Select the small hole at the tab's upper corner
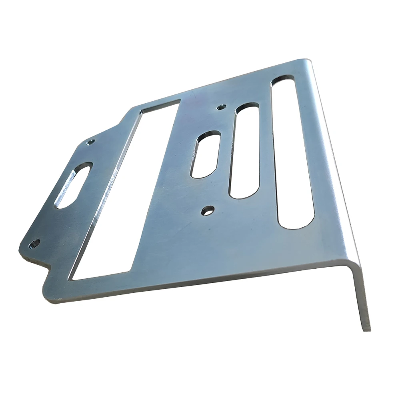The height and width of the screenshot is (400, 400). point(90,142)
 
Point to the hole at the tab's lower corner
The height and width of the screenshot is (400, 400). point(35,243)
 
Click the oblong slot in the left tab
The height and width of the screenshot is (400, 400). point(75,185)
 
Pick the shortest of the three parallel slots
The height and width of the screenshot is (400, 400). point(205,154)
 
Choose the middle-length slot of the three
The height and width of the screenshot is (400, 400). point(244,150)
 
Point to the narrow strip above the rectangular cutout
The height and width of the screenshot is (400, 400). point(156,100)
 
